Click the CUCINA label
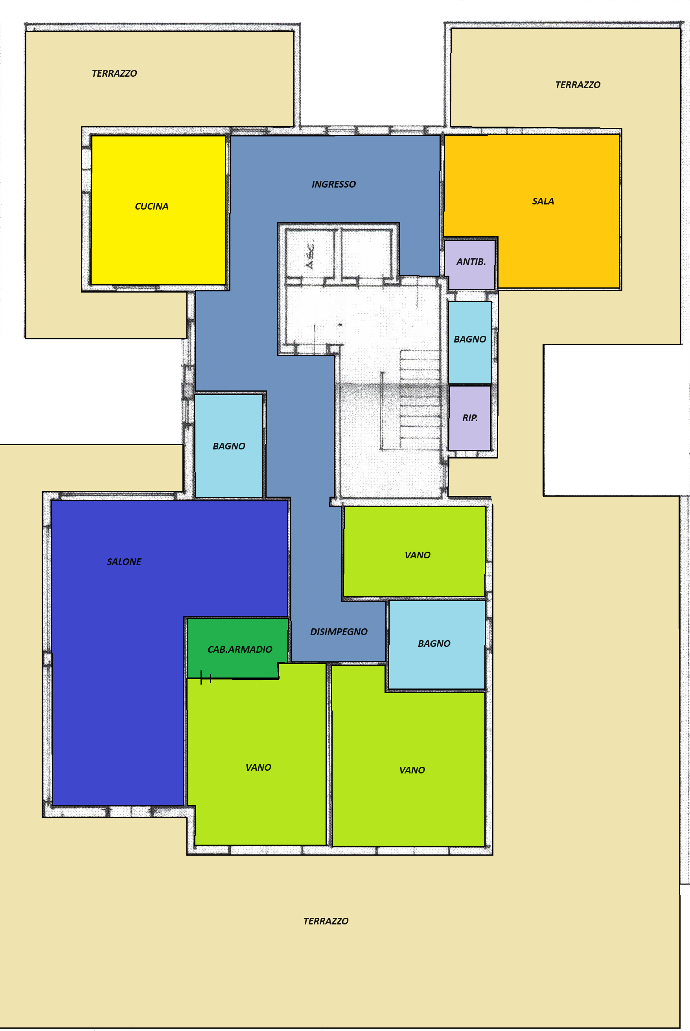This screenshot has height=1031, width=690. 151,206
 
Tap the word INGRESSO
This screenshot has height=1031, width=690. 333,184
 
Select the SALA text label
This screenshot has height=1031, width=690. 543,201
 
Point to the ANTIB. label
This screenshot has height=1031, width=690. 471,262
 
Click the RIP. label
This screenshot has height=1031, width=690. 470,418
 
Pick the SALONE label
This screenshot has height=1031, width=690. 124,562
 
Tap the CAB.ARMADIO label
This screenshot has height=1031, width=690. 240,649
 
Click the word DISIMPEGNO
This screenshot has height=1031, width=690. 339,631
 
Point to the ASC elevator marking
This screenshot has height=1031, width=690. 310,255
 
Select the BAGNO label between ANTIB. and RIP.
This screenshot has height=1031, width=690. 470,339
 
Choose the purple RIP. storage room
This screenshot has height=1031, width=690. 469,418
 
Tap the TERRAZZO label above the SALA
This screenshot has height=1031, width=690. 578,85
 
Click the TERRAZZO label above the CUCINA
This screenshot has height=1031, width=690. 114,73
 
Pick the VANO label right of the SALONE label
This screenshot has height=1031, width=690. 418,555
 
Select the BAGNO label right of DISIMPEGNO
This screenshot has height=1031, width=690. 434,643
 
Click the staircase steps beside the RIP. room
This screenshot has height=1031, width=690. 420,400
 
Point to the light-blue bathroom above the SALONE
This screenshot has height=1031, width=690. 229,446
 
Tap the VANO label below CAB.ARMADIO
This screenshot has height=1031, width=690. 258,767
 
